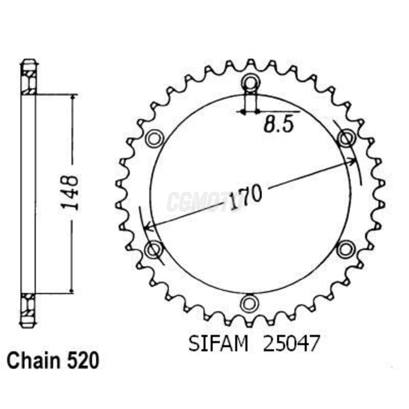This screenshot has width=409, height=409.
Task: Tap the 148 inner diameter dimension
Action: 70,193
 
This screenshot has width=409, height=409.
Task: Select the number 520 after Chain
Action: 83,361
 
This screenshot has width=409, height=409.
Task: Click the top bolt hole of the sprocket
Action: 250,83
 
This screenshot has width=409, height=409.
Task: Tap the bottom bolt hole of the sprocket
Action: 250,304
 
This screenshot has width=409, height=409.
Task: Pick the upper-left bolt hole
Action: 154,138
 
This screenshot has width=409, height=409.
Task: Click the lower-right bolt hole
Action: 346,249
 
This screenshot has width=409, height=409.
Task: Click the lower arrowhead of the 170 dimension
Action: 148,226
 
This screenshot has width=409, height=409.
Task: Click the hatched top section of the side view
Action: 29,82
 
